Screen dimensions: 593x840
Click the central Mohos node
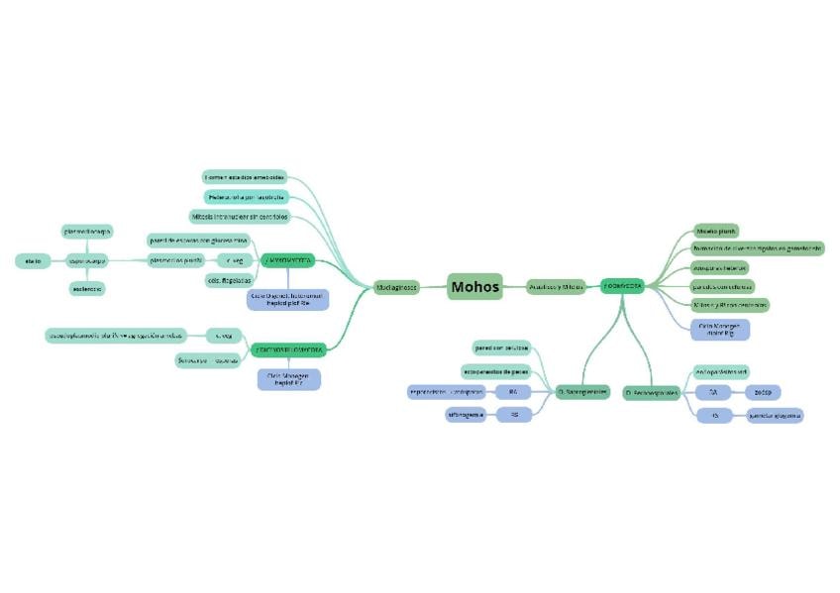(x=475, y=286)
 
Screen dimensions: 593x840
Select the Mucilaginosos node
(x=397, y=287)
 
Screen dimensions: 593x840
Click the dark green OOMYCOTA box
(x=623, y=286)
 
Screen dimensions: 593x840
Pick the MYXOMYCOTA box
(x=288, y=260)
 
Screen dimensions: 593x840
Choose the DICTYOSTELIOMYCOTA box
(x=288, y=348)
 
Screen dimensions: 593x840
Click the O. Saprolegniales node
(x=581, y=393)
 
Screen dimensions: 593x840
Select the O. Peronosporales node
(x=652, y=393)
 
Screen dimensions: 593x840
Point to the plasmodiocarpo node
(x=88, y=231)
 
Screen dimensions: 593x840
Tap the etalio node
(x=28, y=260)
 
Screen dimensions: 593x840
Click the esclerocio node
(x=87, y=289)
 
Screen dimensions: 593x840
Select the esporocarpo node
(x=87, y=260)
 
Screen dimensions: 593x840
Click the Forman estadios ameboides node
(x=245, y=176)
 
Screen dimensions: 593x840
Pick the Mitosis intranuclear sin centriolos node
(x=239, y=216)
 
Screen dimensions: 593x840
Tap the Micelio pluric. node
(x=715, y=230)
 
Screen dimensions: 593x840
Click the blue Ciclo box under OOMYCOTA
(x=720, y=329)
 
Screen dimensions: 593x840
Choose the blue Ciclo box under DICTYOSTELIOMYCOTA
(x=289, y=379)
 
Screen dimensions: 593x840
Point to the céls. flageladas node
(x=227, y=280)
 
